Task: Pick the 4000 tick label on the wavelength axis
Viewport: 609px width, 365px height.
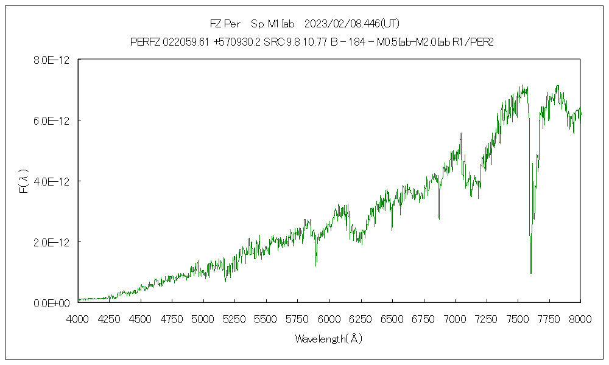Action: (78, 319)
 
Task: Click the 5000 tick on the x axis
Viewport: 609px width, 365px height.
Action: (203, 319)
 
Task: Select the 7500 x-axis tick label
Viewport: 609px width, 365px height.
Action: (518, 319)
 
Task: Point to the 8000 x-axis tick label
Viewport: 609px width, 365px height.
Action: (580, 319)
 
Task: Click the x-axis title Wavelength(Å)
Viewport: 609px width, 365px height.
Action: (329, 339)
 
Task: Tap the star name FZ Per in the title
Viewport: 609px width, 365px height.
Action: (225, 24)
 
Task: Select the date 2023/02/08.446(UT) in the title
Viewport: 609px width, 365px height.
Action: (351, 24)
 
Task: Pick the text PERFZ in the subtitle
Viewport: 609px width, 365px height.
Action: (145, 41)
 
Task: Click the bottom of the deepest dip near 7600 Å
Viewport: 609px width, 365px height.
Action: (531, 273)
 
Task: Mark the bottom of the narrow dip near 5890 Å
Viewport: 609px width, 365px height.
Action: (316, 265)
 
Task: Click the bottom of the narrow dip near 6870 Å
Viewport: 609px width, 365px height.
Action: (439, 218)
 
